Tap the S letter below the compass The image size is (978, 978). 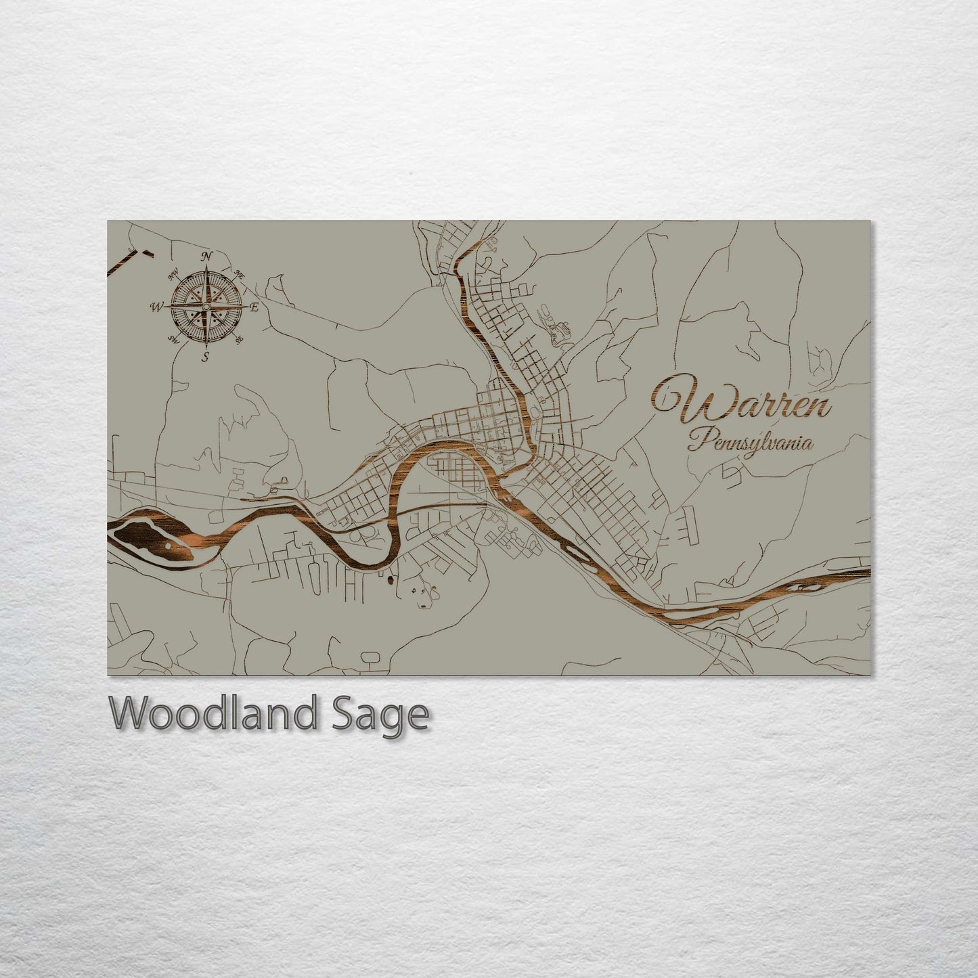coord(206,357)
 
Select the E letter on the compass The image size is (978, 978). coord(254,307)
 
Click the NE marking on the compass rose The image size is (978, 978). coord(239,274)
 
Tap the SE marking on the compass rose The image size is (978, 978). coord(239,340)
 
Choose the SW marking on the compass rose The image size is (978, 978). coord(173,339)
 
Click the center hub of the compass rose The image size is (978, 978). coord(206,307)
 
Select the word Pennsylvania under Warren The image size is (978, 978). coord(751,444)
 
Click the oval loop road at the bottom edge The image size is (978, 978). coord(370,657)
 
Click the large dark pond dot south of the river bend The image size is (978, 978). coord(391,579)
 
